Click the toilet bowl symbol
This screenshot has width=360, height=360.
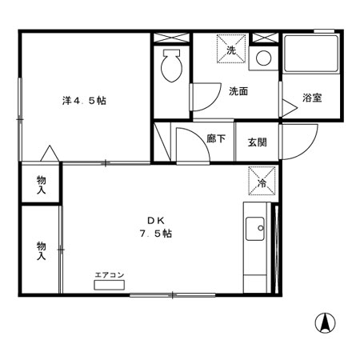[x=170, y=65]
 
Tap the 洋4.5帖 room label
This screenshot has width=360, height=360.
[x=86, y=101]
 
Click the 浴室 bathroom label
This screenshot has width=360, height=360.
[x=312, y=98]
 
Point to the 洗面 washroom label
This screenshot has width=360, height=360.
[x=238, y=91]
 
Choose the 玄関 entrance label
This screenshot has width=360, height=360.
[x=256, y=142]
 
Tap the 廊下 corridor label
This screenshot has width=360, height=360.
[x=216, y=138]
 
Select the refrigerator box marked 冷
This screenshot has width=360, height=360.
[x=262, y=180]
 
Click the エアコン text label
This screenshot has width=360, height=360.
[x=110, y=275]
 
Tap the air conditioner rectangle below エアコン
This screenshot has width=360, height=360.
[x=110, y=286]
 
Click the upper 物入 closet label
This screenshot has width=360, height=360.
[x=41, y=186]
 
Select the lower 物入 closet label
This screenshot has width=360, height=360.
[x=41, y=250]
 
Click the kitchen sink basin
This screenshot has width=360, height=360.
[x=258, y=230]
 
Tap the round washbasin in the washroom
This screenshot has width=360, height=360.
[x=262, y=58]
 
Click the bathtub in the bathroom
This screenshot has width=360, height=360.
[x=309, y=58]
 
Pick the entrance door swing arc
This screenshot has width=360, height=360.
[x=296, y=142]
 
